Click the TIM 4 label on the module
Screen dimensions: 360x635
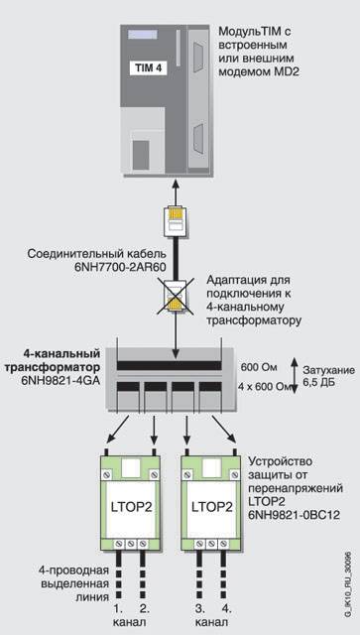[148, 68]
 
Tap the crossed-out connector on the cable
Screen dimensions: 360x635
[177, 297]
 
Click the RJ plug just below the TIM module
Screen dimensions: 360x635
[176, 221]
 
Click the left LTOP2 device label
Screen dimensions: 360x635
[130, 507]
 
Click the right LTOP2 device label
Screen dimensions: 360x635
[211, 507]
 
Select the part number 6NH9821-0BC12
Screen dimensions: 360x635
[294, 515]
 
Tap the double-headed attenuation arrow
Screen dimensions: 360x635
[295, 375]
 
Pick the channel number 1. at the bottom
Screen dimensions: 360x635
[118, 607]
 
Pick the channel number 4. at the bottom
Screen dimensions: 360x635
[227, 607]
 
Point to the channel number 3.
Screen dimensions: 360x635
[200, 607]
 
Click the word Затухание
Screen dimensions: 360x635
[329, 370]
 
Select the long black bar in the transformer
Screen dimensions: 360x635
[169, 366]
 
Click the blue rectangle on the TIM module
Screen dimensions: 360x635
[143, 34]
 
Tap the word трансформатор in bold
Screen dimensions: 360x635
[61, 368]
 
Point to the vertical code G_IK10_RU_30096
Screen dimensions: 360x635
[348, 578]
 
